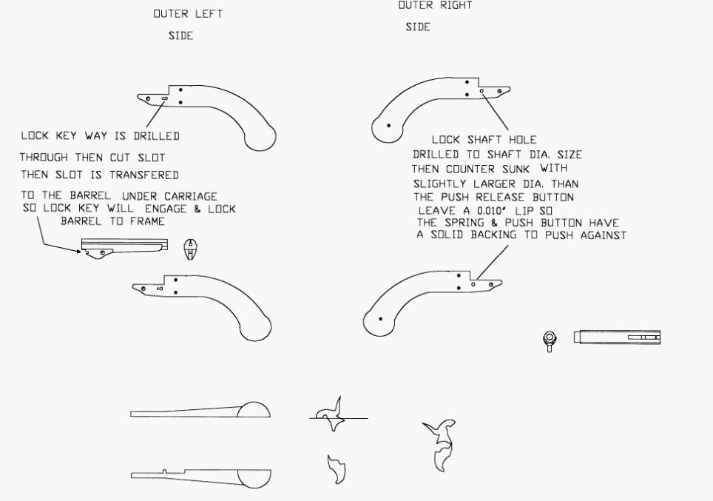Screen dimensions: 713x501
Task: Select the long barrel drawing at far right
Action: click(x=615, y=337)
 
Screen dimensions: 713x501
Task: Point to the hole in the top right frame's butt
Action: click(x=388, y=124)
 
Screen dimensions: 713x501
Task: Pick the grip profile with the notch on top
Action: click(x=200, y=478)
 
